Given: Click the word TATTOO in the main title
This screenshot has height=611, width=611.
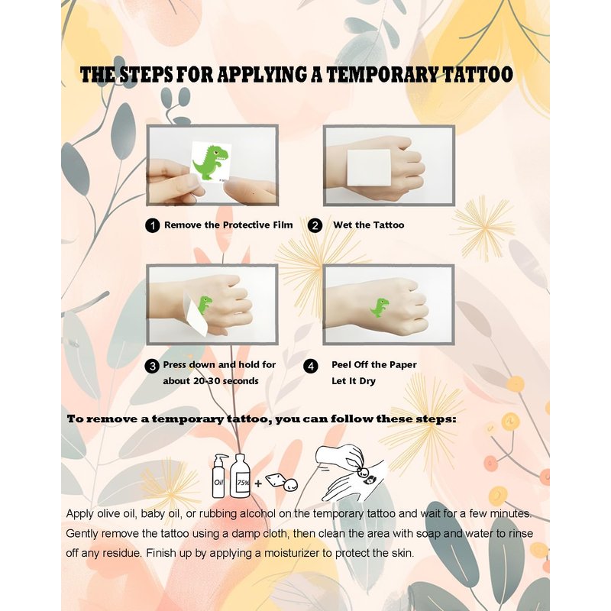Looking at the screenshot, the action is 478,74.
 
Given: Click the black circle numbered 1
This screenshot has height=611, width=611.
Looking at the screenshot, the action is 152,225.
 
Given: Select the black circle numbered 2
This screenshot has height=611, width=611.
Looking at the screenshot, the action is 315,225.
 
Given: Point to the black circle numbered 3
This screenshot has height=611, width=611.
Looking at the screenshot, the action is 152,367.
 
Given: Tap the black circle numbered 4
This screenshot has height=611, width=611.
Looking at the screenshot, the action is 311,367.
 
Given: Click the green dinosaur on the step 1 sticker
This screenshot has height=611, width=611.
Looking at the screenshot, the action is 211,162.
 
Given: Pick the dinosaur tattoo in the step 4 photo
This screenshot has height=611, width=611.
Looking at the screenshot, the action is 380,308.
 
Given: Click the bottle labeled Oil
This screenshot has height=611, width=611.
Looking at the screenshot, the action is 219,475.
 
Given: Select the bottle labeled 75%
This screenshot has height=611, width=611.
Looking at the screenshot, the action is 240,476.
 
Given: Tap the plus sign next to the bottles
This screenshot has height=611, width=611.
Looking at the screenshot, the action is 258,483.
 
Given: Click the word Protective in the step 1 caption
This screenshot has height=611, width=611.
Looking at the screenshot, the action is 247,225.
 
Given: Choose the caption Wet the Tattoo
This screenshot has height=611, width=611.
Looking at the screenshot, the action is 369,225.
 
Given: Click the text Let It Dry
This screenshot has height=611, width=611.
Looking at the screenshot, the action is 354,381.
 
